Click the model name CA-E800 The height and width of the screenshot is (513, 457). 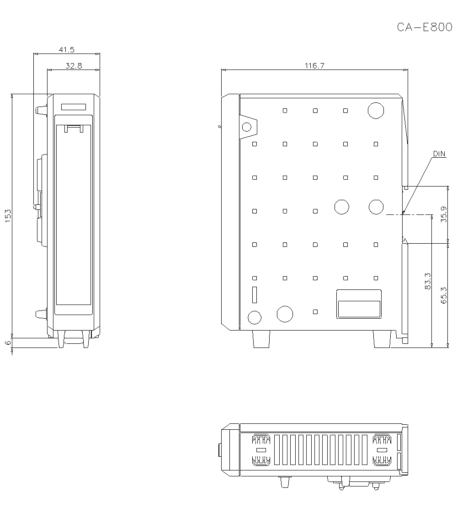pyautogui.click(x=424, y=27)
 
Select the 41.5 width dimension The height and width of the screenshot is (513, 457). pyautogui.click(x=67, y=49)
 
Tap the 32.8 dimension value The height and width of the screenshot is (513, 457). pyautogui.click(x=73, y=66)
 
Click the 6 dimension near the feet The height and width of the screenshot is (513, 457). pyautogui.click(x=8, y=342)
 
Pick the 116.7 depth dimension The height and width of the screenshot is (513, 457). pyautogui.click(x=314, y=66)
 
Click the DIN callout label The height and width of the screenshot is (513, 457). pyautogui.click(x=439, y=154)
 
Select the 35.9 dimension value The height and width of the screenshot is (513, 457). pyautogui.click(x=444, y=214)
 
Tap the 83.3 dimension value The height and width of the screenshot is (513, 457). pyautogui.click(x=428, y=282)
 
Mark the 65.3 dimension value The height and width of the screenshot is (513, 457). pyautogui.click(x=444, y=295)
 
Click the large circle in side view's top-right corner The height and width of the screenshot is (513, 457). pyautogui.click(x=376, y=111)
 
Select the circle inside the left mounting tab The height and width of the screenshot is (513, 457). pyautogui.click(x=247, y=127)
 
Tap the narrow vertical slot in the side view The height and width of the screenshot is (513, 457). pyautogui.click(x=255, y=294)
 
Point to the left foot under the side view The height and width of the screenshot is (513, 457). pyautogui.click(x=260, y=339)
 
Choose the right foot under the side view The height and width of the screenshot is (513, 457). pyautogui.click(x=382, y=339)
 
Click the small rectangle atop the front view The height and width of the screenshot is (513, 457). pyautogui.click(x=73, y=107)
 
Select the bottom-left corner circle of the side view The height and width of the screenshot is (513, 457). pyautogui.click(x=254, y=316)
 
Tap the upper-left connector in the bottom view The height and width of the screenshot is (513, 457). pyautogui.click(x=261, y=440)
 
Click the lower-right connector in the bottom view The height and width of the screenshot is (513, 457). pyautogui.click(x=382, y=460)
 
